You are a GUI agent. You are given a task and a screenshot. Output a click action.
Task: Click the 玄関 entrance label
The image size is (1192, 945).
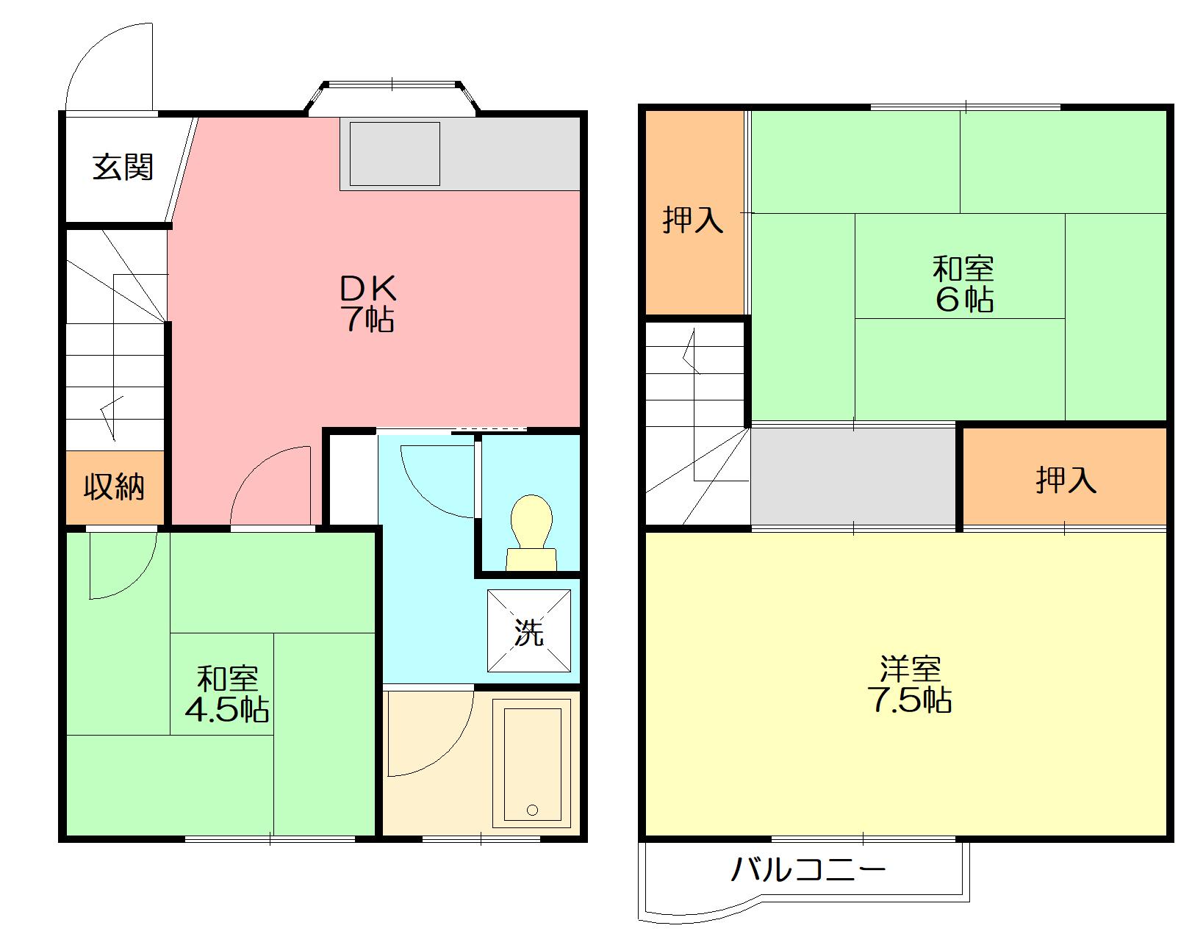pyautogui.click(x=123, y=167)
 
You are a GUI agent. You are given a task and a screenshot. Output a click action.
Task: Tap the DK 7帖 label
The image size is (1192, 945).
pyautogui.click(x=368, y=303)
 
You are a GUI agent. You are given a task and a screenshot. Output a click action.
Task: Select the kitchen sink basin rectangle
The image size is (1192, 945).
pyautogui.click(x=395, y=154)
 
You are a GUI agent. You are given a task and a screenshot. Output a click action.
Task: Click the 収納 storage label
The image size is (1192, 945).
pyautogui.click(x=114, y=487)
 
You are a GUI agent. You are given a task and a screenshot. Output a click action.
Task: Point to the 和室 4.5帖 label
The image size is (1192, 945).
pyautogui.click(x=227, y=694)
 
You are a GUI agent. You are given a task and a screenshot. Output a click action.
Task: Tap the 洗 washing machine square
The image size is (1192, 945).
pyautogui.click(x=529, y=631)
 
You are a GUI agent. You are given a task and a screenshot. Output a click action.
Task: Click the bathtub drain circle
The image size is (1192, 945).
pyautogui.click(x=532, y=811)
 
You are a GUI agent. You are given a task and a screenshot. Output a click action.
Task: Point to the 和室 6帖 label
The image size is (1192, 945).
pyautogui.click(x=963, y=284)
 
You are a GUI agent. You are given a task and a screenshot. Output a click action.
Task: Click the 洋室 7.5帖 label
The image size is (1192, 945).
pyautogui.click(x=910, y=685)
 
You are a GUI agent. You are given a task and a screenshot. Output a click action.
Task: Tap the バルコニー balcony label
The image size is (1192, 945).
pyautogui.click(x=808, y=869)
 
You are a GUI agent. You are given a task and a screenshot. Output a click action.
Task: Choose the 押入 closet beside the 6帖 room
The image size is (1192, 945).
pyautogui.click(x=694, y=212)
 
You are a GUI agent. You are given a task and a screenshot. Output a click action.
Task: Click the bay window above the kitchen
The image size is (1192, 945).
pyautogui.click(x=392, y=97)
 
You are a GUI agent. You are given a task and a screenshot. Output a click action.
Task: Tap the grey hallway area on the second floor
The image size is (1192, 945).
pyautogui.click(x=853, y=476)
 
